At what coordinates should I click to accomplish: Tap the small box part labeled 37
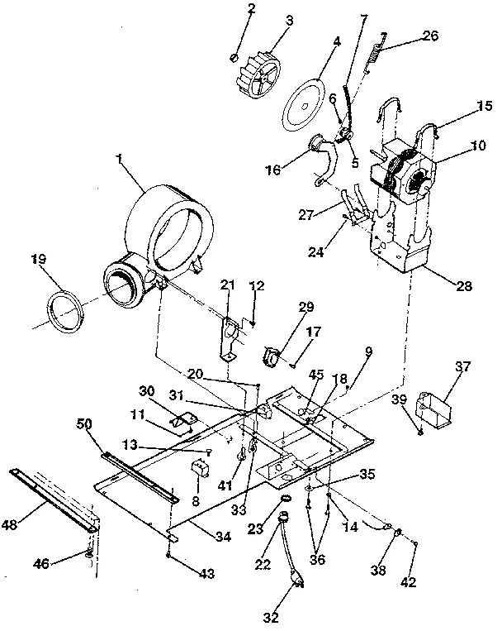[438, 409]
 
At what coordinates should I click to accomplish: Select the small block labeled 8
[199, 469]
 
